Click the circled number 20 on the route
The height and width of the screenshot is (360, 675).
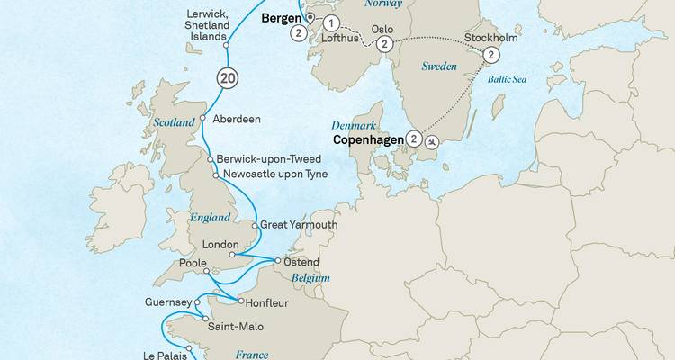click(229, 77)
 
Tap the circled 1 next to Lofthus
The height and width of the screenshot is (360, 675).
click(332, 22)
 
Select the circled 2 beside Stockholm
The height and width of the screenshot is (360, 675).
click(490, 55)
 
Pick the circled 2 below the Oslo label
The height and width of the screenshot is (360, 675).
click(384, 44)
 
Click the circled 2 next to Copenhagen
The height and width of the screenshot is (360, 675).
click(413, 139)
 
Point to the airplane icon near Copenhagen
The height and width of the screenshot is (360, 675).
click(433, 140)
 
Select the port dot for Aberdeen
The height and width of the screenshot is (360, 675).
click(204, 118)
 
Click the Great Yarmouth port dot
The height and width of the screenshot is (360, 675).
click(255, 224)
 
